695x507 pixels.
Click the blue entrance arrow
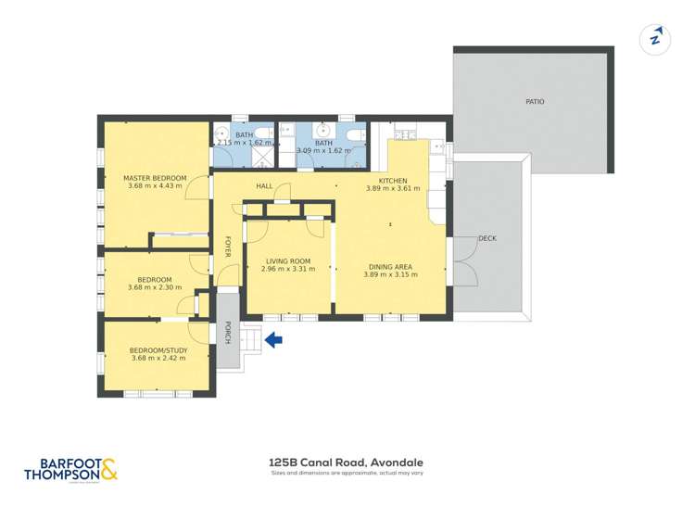[x=274, y=341]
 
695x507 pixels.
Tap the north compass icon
[x=655, y=38]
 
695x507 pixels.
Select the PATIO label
[x=535, y=102]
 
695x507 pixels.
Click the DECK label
[x=487, y=238]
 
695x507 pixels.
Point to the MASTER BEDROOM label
[x=156, y=178]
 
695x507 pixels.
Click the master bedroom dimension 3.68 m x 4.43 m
[x=156, y=186]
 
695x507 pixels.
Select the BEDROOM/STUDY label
[x=159, y=350]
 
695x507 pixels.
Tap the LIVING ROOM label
[x=287, y=261]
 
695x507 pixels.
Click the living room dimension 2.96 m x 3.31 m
[x=287, y=270]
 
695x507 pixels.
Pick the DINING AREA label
[x=387, y=266]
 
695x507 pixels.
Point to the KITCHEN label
[x=393, y=180]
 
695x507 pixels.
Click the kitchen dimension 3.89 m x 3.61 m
[x=393, y=188]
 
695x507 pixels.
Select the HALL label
[x=264, y=186]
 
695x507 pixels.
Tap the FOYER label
[x=228, y=247]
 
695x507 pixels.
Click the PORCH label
[x=228, y=333]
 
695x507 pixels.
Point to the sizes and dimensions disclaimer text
[x=347, y=474]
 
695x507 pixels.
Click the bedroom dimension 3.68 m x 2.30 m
[x=155, y=287]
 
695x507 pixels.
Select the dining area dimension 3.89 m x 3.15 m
[x=387, y=274]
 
